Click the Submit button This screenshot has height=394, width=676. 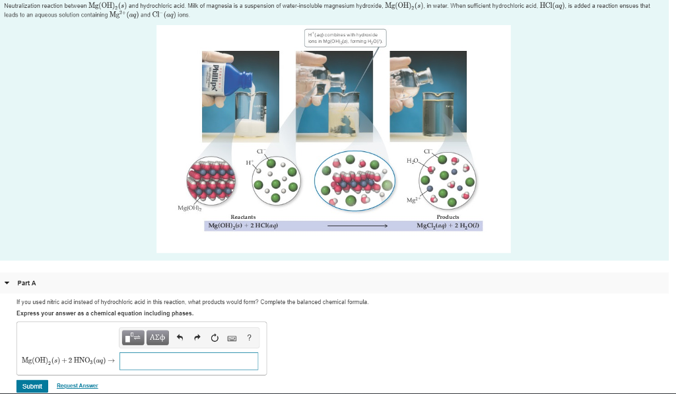point(32,386)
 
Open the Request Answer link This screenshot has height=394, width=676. point(77,385)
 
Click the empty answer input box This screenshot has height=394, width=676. point(189,361)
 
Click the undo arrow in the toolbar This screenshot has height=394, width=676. point(179,338)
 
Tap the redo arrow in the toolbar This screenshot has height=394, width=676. point(197,338)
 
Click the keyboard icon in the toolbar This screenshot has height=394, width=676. point(232,338)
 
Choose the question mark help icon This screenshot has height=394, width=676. point(249,338)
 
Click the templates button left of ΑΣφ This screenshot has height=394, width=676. point(133,338)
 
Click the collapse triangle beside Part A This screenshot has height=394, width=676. point(7,283)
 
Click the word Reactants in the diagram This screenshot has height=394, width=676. point(243,217)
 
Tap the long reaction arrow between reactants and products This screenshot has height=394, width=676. point(356,226)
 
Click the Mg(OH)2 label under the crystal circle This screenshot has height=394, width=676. point(189,208)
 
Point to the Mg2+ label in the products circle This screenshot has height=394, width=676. point(413,200)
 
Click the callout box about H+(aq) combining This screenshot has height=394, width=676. point(346,38)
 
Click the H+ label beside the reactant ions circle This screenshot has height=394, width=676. point(249,162)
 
